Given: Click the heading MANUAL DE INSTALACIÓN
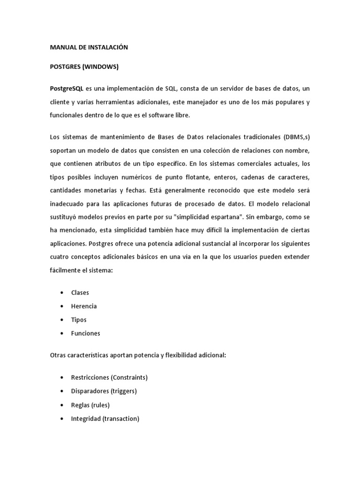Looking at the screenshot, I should [89, 47].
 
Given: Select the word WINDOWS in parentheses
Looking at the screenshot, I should [100, 67].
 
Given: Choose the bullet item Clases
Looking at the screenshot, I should [80, 292].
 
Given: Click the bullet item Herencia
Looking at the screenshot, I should [84, 306].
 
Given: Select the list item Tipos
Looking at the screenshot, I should [79, 320].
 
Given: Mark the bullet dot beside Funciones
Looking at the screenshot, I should [62, 333].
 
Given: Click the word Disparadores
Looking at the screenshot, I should [90, 391].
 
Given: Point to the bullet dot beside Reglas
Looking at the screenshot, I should [62, 405].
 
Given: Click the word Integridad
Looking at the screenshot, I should [85, 419].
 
